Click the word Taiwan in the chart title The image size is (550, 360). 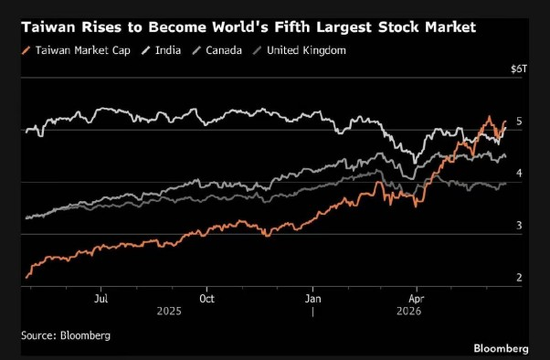pos(48,27)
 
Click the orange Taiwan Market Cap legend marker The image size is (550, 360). pos(26,50)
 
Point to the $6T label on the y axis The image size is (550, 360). pos(519,69)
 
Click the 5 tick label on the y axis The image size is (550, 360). pos(519,122)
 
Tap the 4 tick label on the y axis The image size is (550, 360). pos(519,173)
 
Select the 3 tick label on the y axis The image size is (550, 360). pos(519,226)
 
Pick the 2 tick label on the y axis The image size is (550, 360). pos(519,278)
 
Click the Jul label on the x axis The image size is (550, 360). pos(101,299)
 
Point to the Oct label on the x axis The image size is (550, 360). pos(206,299)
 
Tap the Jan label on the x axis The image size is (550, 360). pos(312,299)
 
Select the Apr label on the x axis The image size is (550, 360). pos(417,299)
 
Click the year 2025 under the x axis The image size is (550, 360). pos(169,312)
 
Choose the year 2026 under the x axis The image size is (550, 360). pos(408,312)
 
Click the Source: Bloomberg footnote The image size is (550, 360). pos(66,335)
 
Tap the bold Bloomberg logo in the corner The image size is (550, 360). pos(501,348)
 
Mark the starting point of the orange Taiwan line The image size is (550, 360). pos(26,278)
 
